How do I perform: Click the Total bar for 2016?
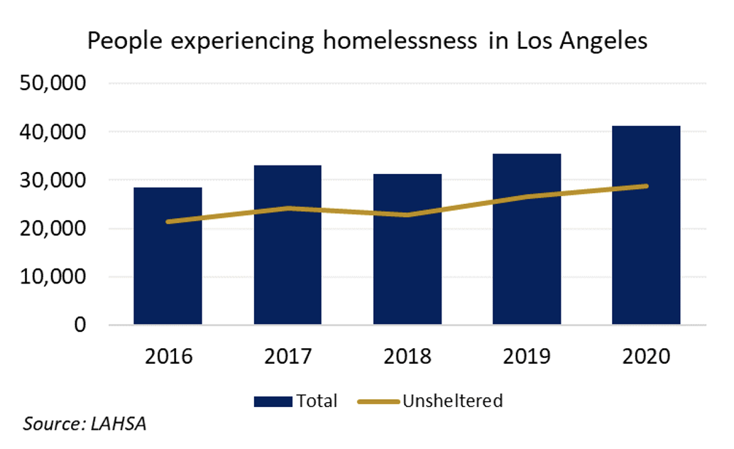tap(168, 270)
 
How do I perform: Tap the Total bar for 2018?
tap(407, 270)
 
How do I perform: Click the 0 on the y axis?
tap(80, 325)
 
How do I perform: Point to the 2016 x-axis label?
tap(168, 356)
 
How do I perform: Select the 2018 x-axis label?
tap(407, 356)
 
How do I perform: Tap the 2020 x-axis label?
tap(646, 356)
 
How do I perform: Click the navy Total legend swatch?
tap(273, 401)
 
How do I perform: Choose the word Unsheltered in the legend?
tap(453, 401)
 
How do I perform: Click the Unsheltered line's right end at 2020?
tap(646, 186)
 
